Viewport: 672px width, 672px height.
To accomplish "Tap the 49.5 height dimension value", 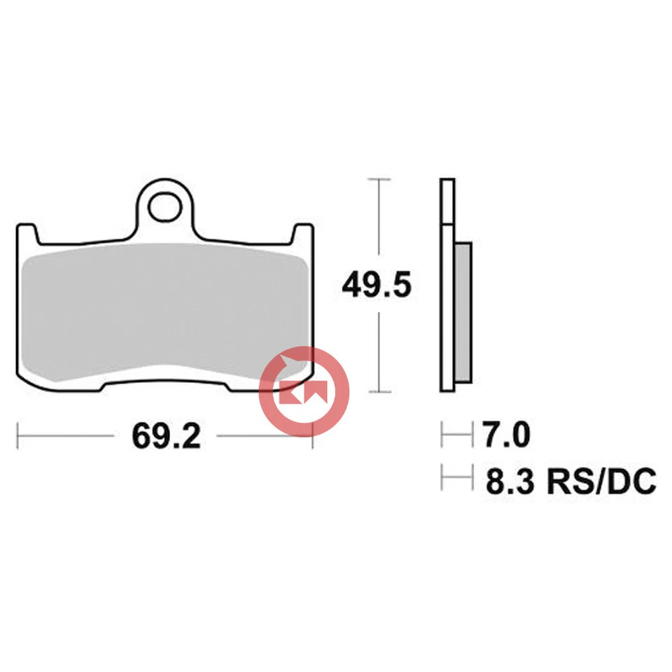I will (x=376, y=286).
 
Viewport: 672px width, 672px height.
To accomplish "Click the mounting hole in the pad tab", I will (x=165, y=206).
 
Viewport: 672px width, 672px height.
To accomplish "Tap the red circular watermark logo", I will (x=304, y=391).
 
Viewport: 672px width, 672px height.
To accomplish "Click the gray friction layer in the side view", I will (x=463, y=312).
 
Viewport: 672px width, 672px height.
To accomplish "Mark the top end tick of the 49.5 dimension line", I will (x=379, y=180).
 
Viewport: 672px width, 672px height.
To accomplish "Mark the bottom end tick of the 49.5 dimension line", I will (x=379, y=392).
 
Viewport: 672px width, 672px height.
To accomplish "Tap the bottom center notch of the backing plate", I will (x=165, y=383).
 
